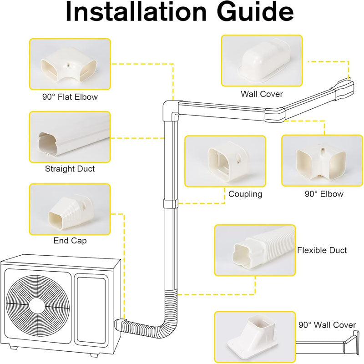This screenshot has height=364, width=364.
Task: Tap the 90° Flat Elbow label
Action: coord(70,97)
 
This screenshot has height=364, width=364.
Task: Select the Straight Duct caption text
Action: coord(70,169)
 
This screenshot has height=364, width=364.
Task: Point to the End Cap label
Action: coord(70,241)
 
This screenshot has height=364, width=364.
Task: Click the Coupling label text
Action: coord(245,194)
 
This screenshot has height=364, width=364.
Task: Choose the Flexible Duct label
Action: coord(322,250)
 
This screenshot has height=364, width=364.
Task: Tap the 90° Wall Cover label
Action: coord(327,325)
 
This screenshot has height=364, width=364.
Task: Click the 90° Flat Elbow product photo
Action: coord(70,64)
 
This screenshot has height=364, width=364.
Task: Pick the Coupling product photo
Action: coord(225,161)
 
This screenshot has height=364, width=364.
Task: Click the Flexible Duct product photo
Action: coord(255,250)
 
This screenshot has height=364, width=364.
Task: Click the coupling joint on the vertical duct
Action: coord(170,203)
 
